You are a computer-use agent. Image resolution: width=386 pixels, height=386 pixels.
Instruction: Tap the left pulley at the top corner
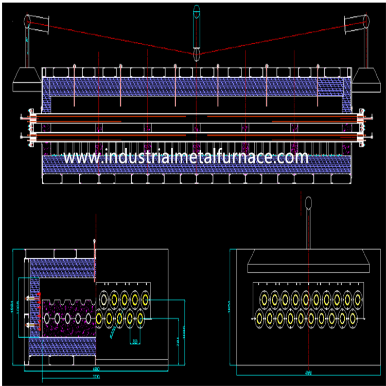[x=28, y=21]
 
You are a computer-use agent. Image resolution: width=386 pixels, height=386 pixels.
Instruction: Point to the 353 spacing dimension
[x=134, y=341]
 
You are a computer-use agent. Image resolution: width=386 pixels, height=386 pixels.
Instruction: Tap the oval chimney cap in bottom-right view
[x=308, y=202]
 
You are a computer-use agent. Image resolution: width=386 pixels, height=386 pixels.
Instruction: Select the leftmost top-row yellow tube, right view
[x=264, y=299]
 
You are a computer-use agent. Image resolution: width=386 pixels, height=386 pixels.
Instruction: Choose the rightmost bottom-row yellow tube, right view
[x=353, y=319]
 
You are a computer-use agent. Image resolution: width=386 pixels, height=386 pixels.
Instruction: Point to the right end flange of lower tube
[x=360, y=137]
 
